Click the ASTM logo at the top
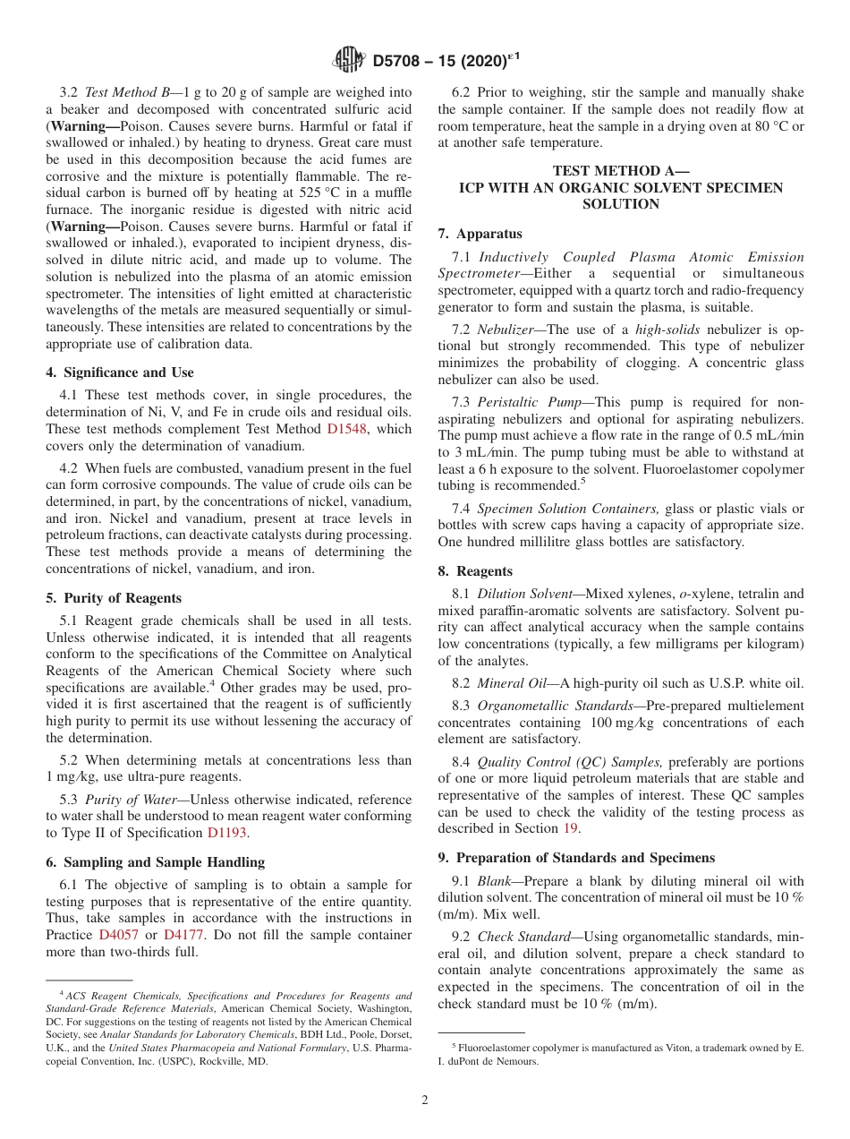[x=348, y=60]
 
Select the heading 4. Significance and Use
[x=120, y=373]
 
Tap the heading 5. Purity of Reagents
[x=114, y=598]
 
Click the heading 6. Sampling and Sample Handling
[x=155, y=862]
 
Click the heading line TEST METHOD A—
[x=620, y=171]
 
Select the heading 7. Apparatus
[x=480, y=234]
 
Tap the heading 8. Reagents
[x=475, y=571]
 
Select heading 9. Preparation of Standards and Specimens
[x=576, y=858]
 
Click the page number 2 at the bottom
[x=425, y=1100]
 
